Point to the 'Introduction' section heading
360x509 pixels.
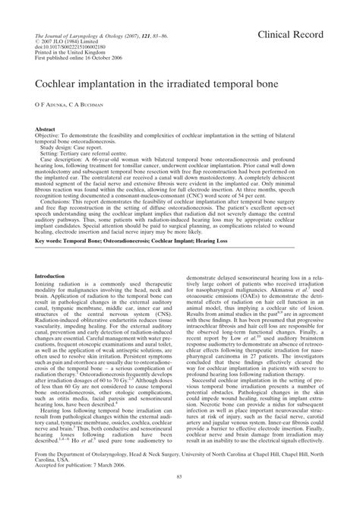pos(63,276)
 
